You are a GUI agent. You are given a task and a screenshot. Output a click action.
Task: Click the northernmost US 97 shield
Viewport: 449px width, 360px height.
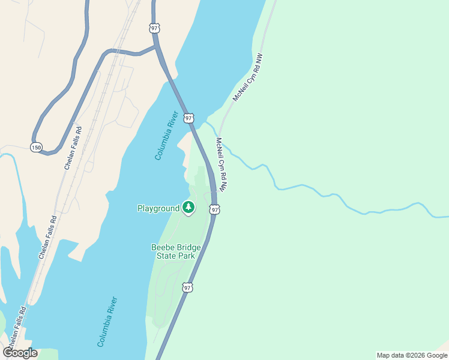click(x=154, y=28)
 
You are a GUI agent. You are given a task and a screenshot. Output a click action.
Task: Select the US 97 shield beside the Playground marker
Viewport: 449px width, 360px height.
click(x=214, y=209)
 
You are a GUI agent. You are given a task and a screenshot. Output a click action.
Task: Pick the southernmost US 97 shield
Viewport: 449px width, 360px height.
click(x=188, y=288)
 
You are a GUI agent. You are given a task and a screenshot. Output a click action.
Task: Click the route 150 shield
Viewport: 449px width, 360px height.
click(x=37, y=147)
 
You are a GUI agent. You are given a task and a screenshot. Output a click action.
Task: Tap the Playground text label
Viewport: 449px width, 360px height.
click(x=158, y=208)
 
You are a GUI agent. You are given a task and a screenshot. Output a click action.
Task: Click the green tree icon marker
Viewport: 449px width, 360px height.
click(x=189, y=208)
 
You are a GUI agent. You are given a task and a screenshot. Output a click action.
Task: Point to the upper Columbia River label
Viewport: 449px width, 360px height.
click(x=166, y=136)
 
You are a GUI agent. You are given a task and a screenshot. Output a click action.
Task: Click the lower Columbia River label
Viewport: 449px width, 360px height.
click(x=107, y=322)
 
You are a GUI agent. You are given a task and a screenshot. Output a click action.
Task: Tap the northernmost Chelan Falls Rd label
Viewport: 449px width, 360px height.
click(x=72, y=148)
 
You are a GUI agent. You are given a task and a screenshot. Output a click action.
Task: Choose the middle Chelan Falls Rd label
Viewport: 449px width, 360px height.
click(x=48, y=237)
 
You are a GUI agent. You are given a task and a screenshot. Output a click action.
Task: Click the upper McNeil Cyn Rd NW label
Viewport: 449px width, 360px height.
click(x=248, y=78)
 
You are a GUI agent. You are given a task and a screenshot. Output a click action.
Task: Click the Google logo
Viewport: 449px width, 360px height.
click(x=20, y=353)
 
